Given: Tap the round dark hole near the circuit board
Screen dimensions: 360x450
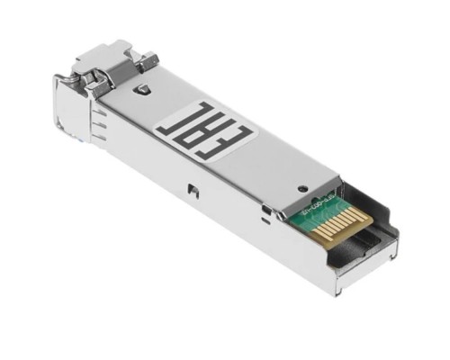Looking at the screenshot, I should click(x=303, y=187).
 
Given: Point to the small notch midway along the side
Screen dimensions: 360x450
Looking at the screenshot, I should click(x=191, y=190).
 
